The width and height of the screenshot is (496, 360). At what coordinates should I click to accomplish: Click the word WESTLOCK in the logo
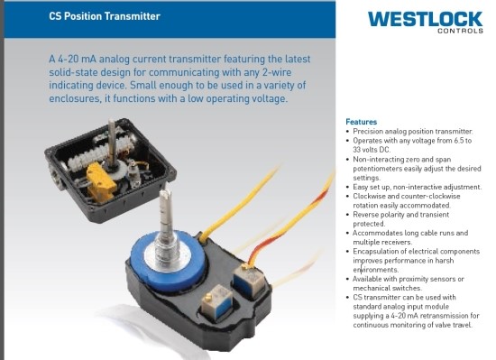point(426,18)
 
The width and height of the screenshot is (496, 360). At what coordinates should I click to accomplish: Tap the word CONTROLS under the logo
point(459,31)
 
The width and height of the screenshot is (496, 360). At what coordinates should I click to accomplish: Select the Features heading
point(361,122)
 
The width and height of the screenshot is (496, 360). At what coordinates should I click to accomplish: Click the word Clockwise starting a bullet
point(372,197)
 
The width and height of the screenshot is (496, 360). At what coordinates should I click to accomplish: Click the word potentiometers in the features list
point(382,169)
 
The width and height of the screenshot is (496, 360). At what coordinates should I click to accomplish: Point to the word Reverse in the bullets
point(368,215)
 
